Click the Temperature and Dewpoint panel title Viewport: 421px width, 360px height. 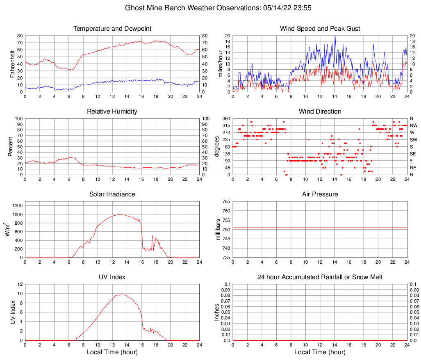[x=112, y=29]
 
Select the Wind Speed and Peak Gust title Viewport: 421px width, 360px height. [x=320, y=29]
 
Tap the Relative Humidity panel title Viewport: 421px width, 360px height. [x=112, y=112]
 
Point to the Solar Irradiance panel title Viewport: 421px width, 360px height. [x=112, y=194]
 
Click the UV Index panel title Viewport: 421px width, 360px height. [x=112, y=277]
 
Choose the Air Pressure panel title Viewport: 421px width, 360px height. [x=320, y=194]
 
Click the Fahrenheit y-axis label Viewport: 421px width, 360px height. [x=12, y=64]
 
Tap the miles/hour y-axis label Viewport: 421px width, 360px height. [x=220, y=64]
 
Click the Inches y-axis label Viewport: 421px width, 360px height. [x=217, y=312]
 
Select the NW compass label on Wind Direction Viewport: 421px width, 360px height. [x=414, y=125]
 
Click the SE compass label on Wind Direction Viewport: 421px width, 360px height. [x=413, y=154]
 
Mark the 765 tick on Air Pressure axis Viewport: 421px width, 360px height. [x=225, y=201]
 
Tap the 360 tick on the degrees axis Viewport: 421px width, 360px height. [x=225, y=118]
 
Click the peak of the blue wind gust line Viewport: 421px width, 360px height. [x=335, y=36]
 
